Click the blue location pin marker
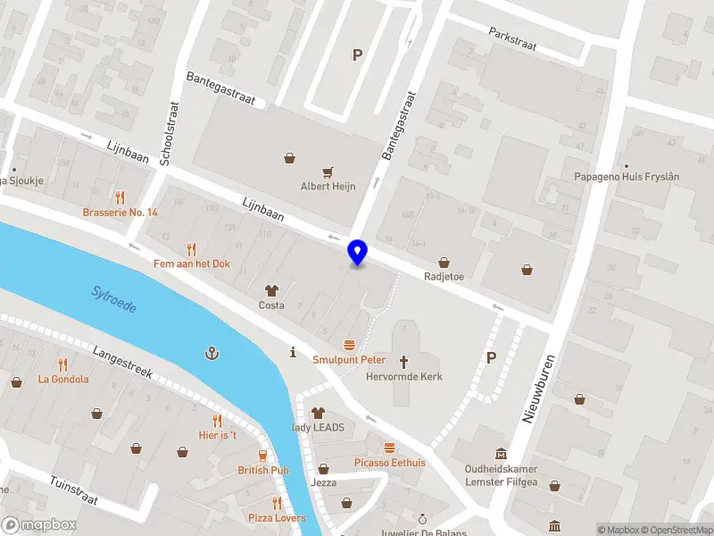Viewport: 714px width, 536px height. click(358, 252)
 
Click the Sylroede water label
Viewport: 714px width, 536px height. click(114, 299)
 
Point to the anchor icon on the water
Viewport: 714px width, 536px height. click(212, 354)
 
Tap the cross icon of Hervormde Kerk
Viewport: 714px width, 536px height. click(403, 361)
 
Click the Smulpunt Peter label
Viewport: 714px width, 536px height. click(349, 360)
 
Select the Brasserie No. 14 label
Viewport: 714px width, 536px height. click(120, 213)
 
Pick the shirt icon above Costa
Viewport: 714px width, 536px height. click(271, 290)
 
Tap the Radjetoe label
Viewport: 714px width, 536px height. click(444, 276)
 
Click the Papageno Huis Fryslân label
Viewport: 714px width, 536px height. click(626, 177)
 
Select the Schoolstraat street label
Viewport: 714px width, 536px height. click(168, 133)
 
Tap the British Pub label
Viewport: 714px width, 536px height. click(262, 470)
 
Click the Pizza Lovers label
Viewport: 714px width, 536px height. click(277, 518)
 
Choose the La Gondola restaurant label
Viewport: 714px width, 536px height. click(62, 379)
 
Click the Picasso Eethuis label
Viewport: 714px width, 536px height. click(389, 463)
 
